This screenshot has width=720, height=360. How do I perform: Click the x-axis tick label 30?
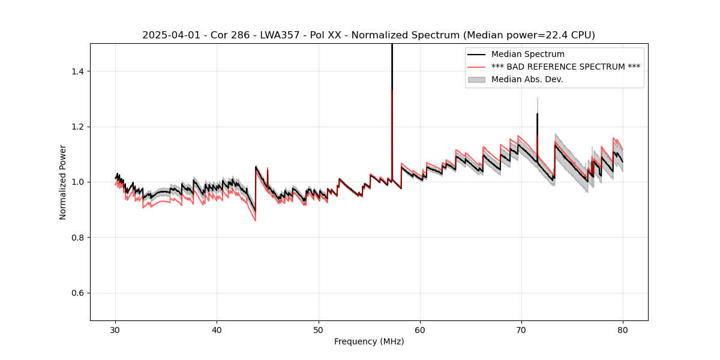[x=116, y=329]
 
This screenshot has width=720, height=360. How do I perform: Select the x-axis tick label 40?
[x=217, y=329]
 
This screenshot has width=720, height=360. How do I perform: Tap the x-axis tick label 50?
[x=319, y=329]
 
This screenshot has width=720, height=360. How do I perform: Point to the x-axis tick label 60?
[x=420, y=329]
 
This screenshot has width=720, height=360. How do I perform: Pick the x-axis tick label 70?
[x=521, y=329]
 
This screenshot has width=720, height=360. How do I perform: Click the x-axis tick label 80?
[x=623, y=329]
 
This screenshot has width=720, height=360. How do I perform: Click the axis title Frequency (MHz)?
[x=369, y=341]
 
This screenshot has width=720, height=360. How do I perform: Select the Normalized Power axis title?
[x=63, y=182]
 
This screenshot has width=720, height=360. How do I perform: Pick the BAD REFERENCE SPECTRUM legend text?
[x=565, y=67]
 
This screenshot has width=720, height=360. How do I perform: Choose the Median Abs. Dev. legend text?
[x=527, y=80]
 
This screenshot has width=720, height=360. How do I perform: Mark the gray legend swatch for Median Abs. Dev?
[x=476, y=80]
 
